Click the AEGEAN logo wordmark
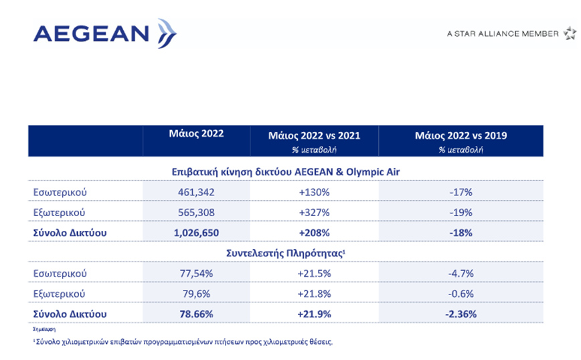[x=90, y=33]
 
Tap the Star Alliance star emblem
[x=569, y=33]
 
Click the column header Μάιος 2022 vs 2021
[x=314, y=135]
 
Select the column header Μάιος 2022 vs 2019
[x=461, y=135]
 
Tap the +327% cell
[x=314, y=212]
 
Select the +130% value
[x=314, y=192]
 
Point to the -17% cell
[x=461, y=192]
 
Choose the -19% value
[x=461, y=212]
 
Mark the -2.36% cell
[x=461, y=313]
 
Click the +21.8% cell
[x=314, y=293]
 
